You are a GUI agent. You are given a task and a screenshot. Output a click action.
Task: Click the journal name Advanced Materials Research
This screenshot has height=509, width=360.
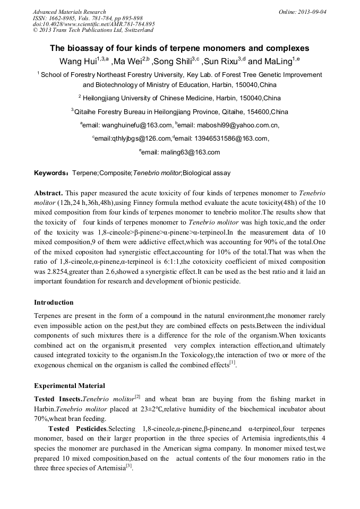point(70,12)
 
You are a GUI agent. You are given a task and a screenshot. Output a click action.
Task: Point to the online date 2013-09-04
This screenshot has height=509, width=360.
point(313,12)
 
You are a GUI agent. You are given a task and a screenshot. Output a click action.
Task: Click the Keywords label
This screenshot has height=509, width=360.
point(50,173)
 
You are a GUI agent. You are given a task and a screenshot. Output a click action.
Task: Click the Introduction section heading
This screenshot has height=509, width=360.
point(54,303)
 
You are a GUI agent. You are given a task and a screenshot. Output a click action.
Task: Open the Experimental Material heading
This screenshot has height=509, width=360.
point(69,386)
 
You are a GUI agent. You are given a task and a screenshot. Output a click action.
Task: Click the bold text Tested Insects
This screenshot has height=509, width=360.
point(58,399)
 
